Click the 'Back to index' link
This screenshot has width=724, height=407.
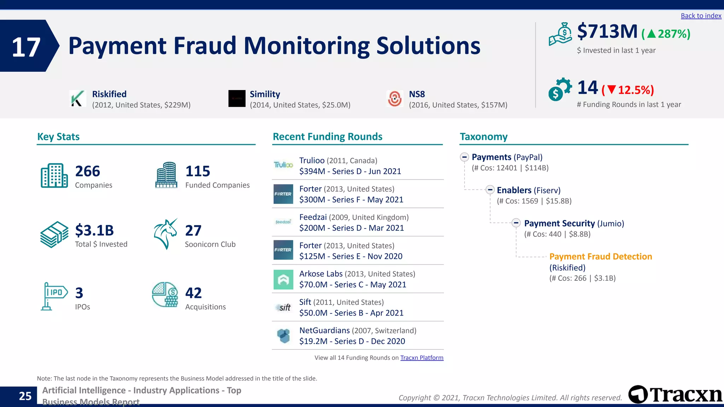click(x=701, y=16)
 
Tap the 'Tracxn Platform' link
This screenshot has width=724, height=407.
click(x=421, y=358)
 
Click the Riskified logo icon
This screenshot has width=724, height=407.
click(x=78, y=99)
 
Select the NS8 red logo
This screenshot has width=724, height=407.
click(x=395, y=99)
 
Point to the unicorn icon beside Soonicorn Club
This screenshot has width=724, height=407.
click(x=165, y=234)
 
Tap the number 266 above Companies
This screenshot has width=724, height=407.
click(x=88, y=171)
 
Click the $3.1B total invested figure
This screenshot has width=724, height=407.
click(x=94, y=230)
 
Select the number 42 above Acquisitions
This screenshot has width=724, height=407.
click(x=193, y=293)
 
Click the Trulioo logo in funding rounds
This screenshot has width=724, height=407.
click(x=283, y=165)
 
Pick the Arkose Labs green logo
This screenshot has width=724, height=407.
click(x=283, y=279)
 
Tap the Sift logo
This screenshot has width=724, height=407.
click(x=283, y=308)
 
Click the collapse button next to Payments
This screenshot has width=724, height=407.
click(x=465, y=157)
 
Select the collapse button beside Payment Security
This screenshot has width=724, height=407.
click(x=516, y=223)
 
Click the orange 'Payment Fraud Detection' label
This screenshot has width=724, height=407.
click(x=600, y=256)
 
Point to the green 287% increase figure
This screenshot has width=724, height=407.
click(x=666, y=34)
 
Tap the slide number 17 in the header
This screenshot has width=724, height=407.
click(x=26, y=47)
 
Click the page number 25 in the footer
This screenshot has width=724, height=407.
click(x=25, y=396)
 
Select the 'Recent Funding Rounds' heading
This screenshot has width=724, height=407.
click(x=327, y=137)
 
